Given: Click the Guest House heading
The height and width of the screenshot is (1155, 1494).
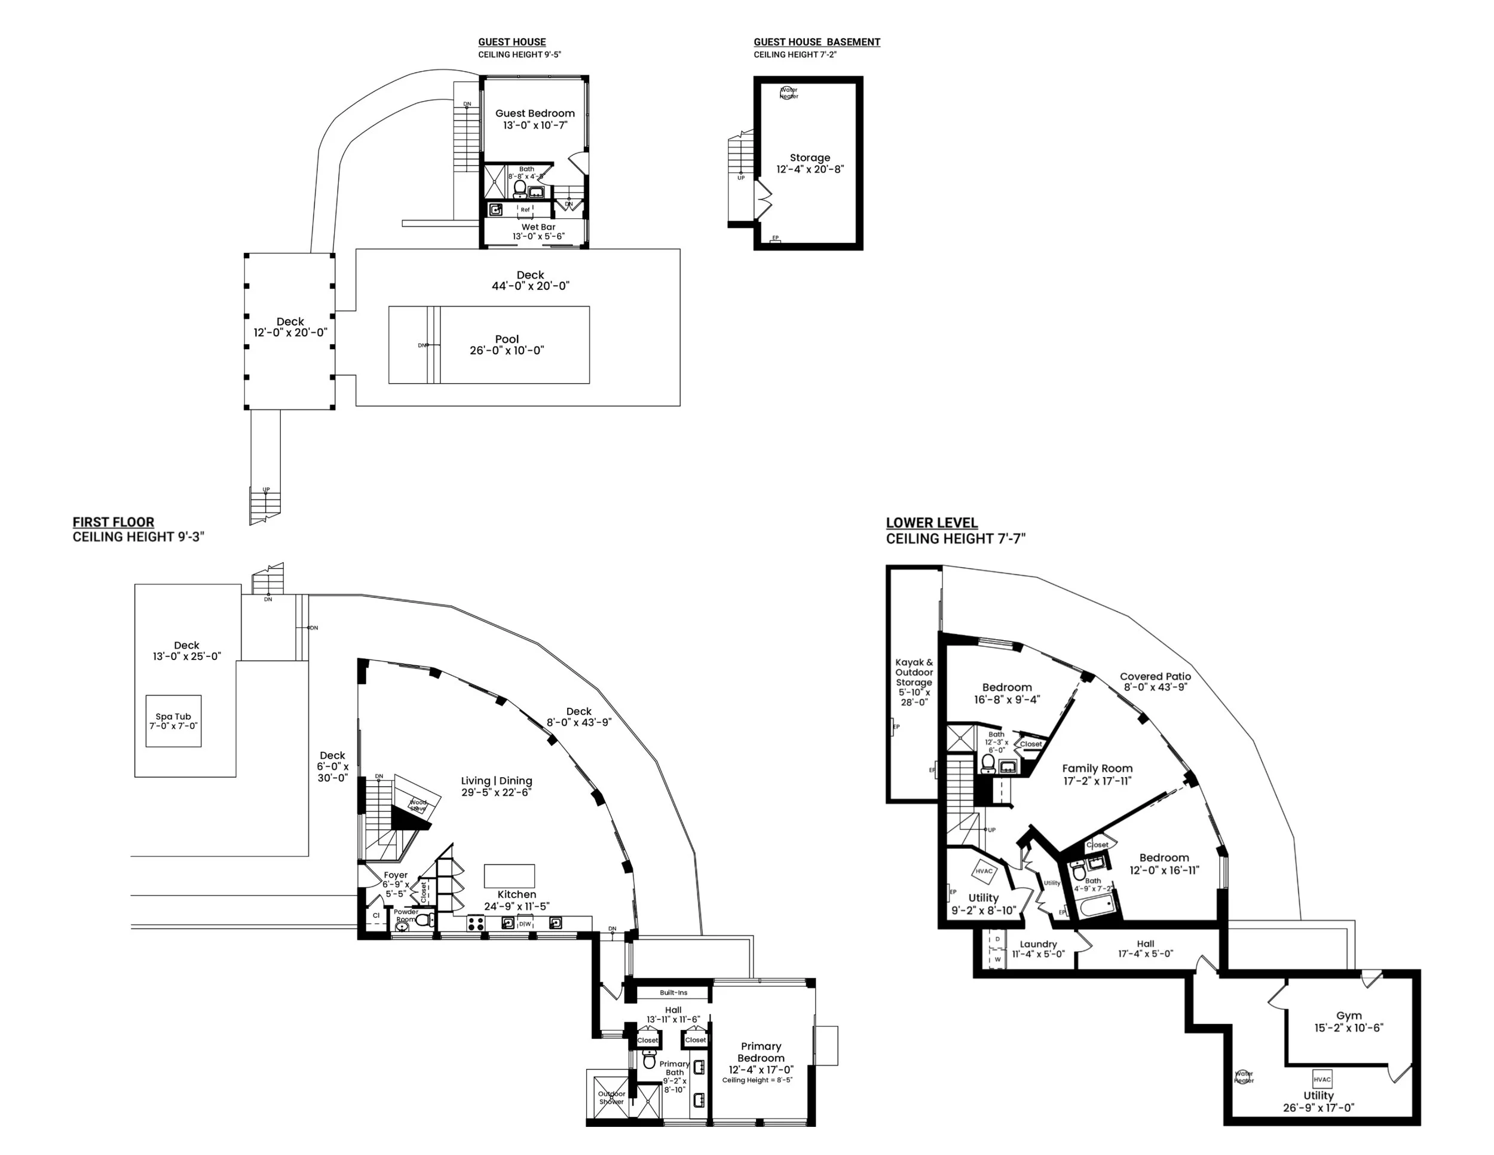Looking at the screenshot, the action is click(x=512, y=42).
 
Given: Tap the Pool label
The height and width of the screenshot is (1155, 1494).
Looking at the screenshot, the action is click(x=507, y=340).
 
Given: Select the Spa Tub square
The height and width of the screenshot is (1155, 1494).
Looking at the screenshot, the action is click(x=173, y=721).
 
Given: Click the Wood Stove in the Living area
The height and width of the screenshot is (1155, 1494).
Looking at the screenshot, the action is click(x=417, y=805).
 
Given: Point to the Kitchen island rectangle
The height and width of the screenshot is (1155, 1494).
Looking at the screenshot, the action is click(x=509, y=876).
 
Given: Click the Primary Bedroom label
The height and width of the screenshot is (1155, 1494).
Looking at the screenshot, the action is click(x=761, y=1052).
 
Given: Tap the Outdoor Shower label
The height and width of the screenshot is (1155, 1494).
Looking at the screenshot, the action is click(x=611, y=1098).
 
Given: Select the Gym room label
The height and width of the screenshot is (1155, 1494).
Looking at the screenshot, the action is click(x=1348, y=1016).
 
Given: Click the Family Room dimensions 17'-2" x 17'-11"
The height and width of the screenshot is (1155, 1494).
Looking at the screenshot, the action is click(x=1097, y=781).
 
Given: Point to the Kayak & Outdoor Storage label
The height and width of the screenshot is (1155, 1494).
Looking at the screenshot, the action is click(x=914, y=673).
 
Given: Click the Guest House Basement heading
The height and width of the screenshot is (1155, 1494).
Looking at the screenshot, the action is click(x=817, y=42).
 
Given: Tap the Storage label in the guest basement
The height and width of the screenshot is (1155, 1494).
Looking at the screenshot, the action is click(x=810, y=157).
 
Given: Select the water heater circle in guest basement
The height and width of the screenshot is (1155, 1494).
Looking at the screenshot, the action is click(x=789, y=93).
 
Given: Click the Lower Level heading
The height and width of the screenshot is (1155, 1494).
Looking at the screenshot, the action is click(x=932, y=522).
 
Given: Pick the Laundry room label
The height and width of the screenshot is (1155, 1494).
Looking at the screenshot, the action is click(x=1037, y=944).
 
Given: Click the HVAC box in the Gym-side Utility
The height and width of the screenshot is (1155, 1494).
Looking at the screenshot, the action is click(x=1322, y=1080).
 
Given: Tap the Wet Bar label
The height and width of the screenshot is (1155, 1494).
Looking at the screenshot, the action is click(x=538, y=227).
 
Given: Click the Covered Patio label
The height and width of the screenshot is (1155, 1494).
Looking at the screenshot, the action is click(x=1155, y=676).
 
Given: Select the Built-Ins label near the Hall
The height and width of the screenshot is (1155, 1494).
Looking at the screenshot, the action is click(x=674, y=993).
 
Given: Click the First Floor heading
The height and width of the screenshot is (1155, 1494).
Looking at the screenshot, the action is click(x=114, y=522).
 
